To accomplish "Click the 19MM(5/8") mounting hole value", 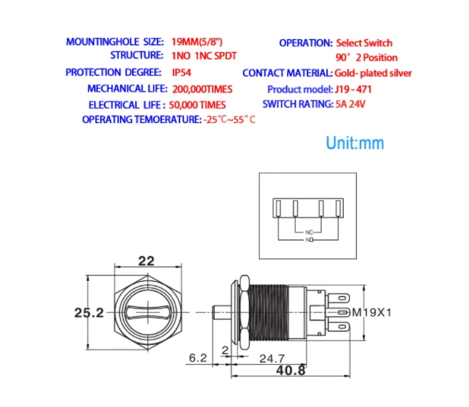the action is tap(197, 41).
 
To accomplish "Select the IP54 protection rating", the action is tap(182, 73).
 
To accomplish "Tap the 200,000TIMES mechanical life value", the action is tap(202, 89).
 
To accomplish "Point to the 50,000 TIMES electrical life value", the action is tap(197, 105).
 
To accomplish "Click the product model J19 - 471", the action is tap(353, 89).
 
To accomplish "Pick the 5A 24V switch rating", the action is tap(351, 104).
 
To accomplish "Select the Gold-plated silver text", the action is tap(373, 73).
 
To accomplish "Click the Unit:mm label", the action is tap(354, 143).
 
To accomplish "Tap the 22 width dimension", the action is tap(146, 261).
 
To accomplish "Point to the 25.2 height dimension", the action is tap(89, 313).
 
